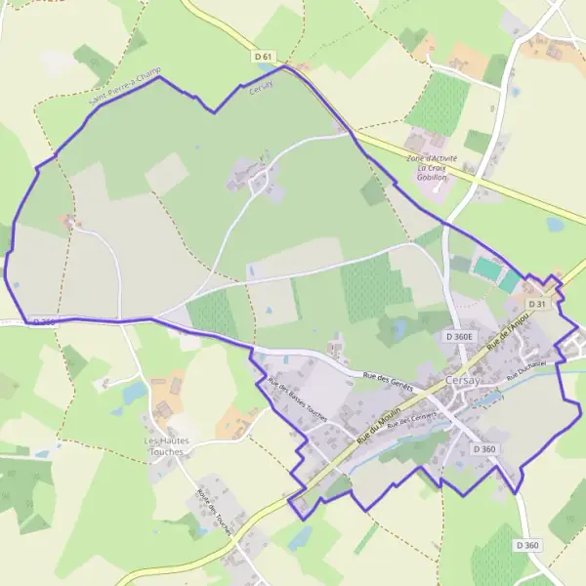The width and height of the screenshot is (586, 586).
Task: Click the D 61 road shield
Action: coord(262,58)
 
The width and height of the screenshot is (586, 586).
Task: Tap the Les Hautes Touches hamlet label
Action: coord(167,446)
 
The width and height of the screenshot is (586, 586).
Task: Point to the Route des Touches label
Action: coord(213,508)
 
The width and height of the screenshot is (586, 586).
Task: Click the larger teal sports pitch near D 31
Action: coord(485,268)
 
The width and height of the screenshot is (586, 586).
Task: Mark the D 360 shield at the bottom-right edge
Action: coord(526,545)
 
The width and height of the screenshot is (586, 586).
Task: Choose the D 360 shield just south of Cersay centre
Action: coord(483,448)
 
